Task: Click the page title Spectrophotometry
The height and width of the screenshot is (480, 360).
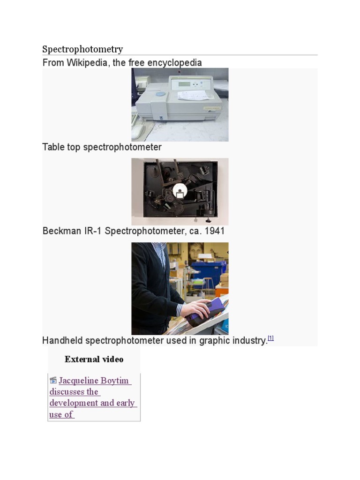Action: point(82,49)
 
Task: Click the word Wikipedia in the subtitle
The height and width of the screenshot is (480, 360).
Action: point(87,63)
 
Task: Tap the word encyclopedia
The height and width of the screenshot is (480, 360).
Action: point(174,63)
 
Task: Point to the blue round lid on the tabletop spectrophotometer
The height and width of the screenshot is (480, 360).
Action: point(160,94)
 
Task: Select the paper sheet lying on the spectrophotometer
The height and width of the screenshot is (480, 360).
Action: point(193,95)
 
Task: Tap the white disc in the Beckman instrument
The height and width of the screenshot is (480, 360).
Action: point(180,191)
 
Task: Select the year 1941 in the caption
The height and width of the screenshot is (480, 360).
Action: point(215,231)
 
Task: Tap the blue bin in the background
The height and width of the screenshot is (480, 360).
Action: point(209,272)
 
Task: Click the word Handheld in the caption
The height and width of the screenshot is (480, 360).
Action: point(62,340)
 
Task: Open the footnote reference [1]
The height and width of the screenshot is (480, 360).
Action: point(270,338)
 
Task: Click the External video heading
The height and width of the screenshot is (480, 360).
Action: point(94,359)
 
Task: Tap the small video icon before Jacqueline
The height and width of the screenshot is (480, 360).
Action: point(53,381)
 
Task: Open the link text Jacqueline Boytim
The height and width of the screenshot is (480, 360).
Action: point(94,381)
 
